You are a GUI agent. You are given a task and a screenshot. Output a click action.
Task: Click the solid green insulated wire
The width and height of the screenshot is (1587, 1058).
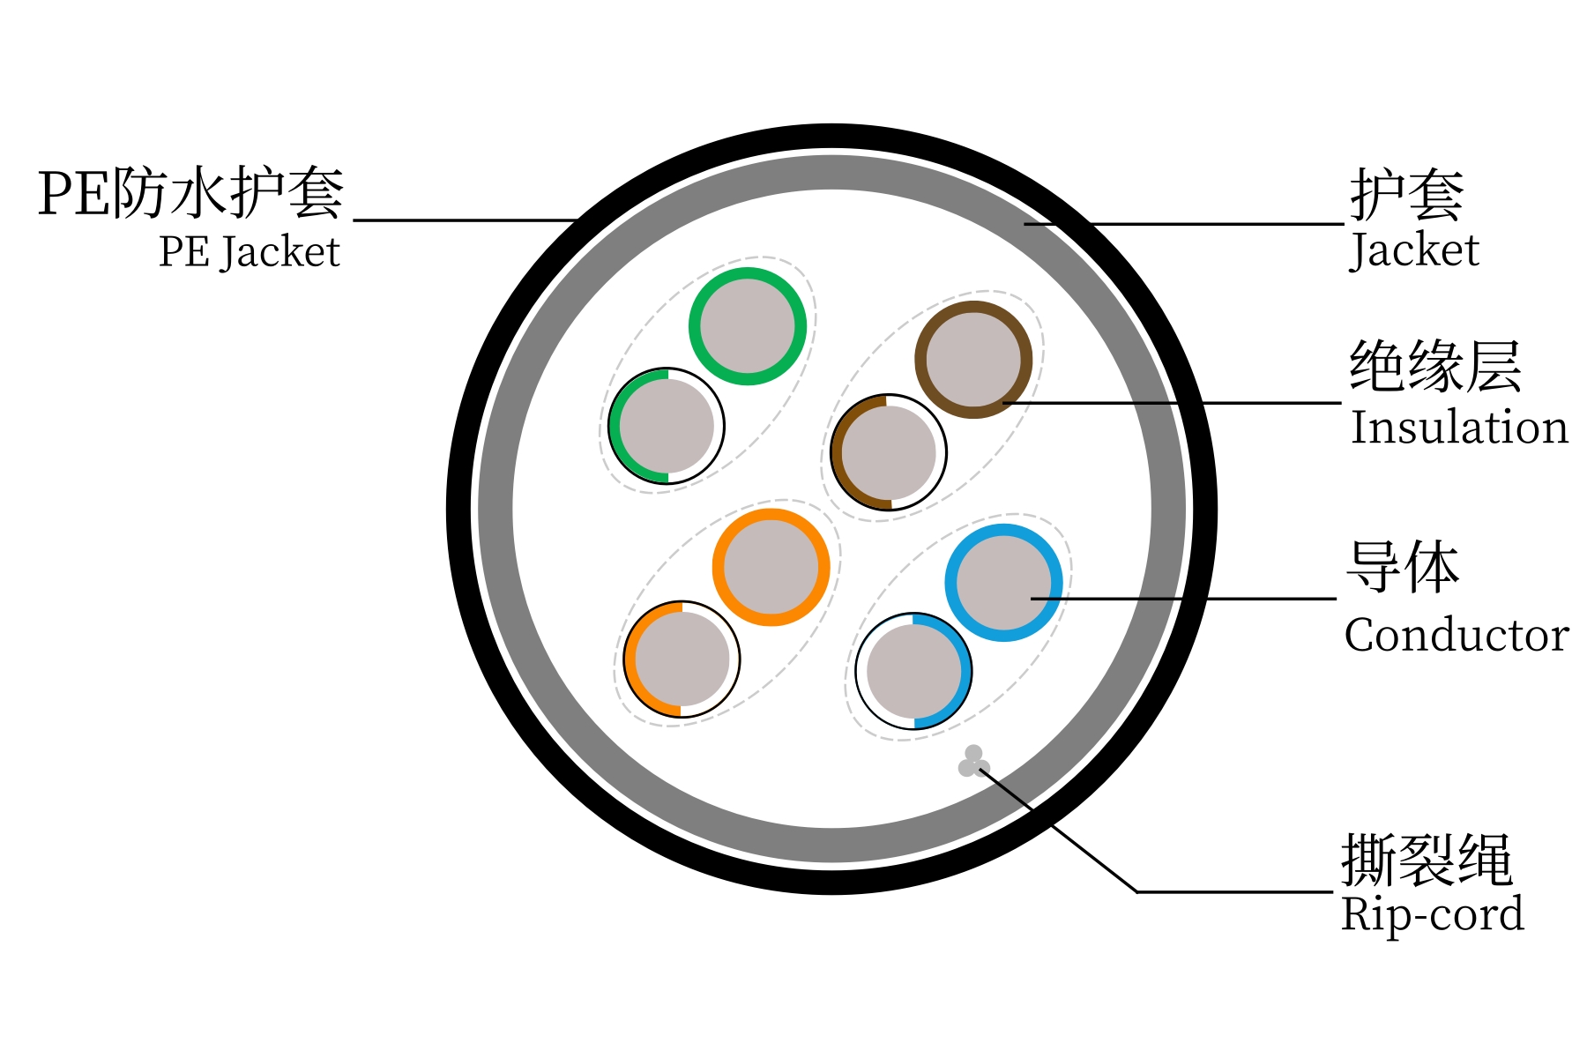pos(748,326)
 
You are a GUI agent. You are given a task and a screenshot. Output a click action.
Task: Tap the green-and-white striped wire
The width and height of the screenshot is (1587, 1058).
pos(667,426)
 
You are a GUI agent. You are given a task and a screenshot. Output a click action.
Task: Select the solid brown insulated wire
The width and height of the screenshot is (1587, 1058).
pos(973,360)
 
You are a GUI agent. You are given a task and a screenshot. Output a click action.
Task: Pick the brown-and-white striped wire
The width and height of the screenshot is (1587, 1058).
pos(889,452)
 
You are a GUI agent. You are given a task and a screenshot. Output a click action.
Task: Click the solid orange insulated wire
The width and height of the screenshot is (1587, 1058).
pos(771,567)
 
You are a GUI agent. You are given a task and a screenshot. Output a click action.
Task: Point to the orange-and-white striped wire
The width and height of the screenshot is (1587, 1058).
pos(682,659)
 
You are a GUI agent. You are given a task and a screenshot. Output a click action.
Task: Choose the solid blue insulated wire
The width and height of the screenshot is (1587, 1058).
pos(1003,582)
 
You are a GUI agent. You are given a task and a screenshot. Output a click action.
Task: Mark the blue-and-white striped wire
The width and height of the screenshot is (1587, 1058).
pos(914,671)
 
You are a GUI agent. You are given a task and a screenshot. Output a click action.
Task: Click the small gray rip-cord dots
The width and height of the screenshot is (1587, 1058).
pos(973,762)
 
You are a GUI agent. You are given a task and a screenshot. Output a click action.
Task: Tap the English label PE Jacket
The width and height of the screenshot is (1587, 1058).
pos(250,253)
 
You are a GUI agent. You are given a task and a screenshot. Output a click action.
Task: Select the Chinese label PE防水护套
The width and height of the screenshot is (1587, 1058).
pos(190,193)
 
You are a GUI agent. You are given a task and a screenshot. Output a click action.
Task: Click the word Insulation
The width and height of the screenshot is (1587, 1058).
pos(1459,428)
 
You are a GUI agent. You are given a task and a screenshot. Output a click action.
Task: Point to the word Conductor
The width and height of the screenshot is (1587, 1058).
pos(1457,635)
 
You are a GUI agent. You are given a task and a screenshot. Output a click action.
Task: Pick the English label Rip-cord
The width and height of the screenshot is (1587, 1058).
pos(1432,914)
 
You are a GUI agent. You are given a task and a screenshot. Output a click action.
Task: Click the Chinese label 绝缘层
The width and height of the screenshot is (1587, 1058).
pos(1435,366)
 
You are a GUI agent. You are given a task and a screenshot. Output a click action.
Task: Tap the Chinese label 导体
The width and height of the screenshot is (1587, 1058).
pos(1403,567)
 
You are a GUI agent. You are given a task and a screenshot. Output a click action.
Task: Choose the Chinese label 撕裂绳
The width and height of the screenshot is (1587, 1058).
pos(1427,859)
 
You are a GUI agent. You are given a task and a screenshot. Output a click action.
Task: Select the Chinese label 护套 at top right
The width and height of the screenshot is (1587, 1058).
pos(1406,195)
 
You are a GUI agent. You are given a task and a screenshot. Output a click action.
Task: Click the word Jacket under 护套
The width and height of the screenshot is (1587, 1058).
pos(1414,250)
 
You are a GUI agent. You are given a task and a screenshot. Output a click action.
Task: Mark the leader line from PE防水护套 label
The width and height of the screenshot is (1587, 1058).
pos(465,220)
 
